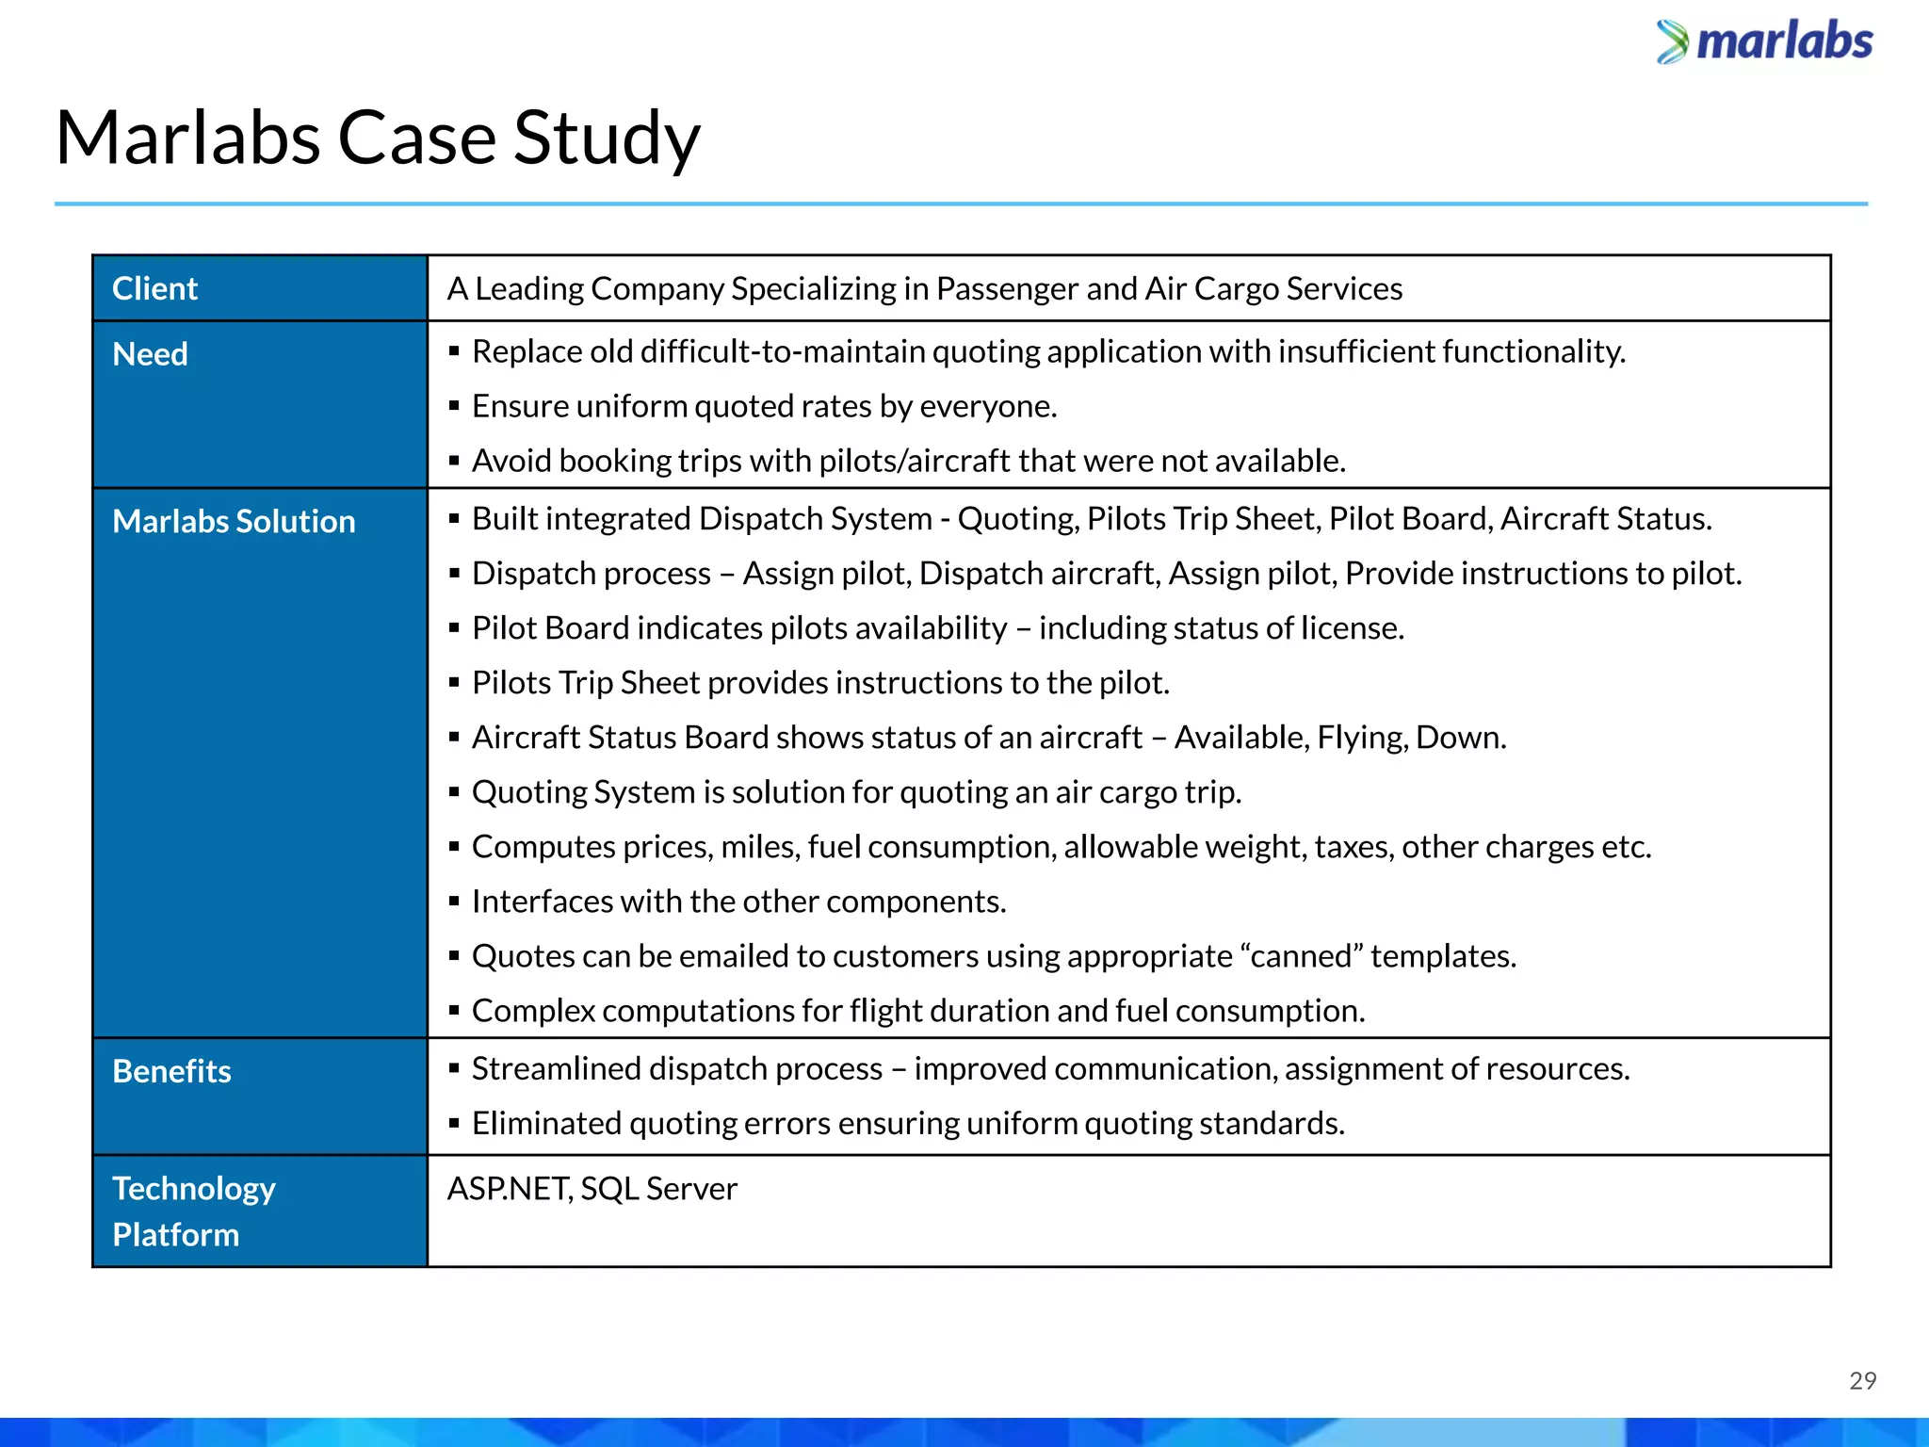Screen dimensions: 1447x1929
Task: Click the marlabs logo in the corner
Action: [x=1765, y=42]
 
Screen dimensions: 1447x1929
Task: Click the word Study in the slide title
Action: [x=607, y=138]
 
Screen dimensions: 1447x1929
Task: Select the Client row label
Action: [x=154, y=288]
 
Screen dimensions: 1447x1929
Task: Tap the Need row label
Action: [x=150, y=354]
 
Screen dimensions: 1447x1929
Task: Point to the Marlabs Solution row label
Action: [x=234, y=521]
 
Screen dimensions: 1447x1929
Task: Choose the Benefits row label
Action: [x=171, y=1071]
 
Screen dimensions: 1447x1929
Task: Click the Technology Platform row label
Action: [x=193, y=1211]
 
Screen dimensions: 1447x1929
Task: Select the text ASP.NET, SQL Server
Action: [x=592, y=1189]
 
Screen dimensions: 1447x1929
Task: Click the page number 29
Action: [x=1862, y=1380]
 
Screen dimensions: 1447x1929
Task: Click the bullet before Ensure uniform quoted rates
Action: [x=454, y=406]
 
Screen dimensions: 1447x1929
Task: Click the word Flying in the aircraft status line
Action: [x=1360, y=738]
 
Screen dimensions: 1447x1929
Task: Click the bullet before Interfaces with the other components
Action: [x=454, y=902]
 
